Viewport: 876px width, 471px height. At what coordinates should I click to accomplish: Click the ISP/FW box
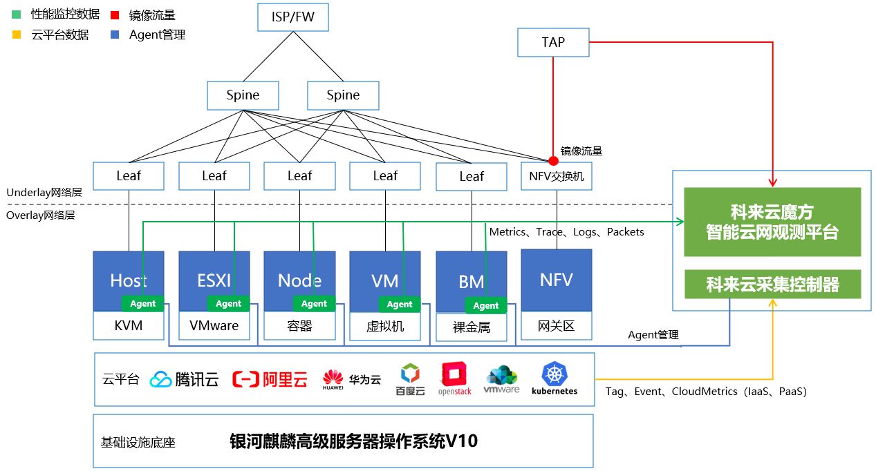point(292,17)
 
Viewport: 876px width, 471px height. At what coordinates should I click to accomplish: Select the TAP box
point(553,42)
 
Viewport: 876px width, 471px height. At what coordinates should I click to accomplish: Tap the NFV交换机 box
point(556,176)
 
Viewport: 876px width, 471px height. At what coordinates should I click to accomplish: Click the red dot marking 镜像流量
point(553,161)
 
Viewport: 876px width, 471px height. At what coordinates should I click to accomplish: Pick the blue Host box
point(129,276)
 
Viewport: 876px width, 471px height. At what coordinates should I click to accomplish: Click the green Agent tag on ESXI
point(228,304)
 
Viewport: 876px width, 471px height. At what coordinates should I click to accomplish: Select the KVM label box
point(129,325)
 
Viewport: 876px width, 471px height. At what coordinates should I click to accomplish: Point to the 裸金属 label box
point(472,327)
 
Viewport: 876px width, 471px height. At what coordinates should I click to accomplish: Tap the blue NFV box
point(556,280)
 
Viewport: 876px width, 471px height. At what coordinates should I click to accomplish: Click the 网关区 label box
point(556,325)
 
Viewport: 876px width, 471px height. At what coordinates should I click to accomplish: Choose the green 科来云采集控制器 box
point(772,284)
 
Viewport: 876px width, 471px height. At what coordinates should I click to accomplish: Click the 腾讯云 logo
point(185,379)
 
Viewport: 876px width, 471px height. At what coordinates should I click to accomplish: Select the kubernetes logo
point(555,379)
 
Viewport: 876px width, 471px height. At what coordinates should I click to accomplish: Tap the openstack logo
point(455,379)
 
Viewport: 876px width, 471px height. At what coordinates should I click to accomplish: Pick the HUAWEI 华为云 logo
point(351,379)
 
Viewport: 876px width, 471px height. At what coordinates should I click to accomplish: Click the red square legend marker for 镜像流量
point(115,15)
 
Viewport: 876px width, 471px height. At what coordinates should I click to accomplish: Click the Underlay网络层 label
point(44,193)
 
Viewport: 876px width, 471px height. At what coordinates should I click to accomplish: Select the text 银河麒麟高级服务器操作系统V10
point(353,441)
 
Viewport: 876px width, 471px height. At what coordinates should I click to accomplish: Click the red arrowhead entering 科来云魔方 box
point(772,183)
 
